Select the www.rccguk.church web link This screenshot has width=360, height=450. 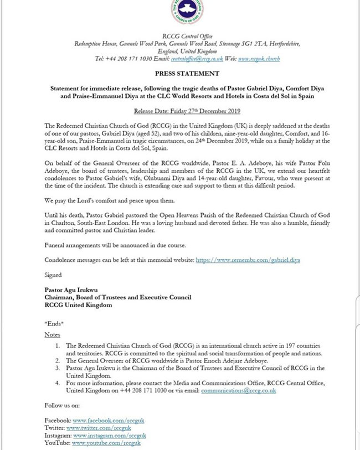pos(259,58)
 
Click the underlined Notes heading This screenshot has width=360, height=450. pos(53,335)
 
